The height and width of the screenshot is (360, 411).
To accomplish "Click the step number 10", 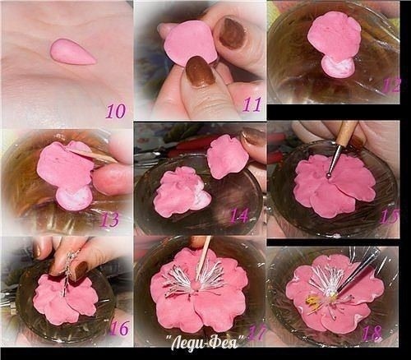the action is click(x=117, y=111).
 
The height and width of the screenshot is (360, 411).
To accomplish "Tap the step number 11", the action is click(x=252, y=104).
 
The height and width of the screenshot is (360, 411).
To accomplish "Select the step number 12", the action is click(x=392, y=85).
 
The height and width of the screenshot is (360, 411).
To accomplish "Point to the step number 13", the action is click(x=109, y=219).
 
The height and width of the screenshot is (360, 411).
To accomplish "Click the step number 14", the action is click(x=239, y=215).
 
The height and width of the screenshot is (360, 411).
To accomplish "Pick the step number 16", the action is click(x=119, y=328).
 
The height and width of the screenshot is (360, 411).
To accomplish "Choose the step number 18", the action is click(x=372, y=333).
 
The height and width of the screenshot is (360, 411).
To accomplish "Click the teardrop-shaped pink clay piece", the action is click(x=72, y=52).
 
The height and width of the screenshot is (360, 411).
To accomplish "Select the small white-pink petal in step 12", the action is click(x=336, y=66).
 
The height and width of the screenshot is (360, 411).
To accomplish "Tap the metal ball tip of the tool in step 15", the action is click(x=329, y=174).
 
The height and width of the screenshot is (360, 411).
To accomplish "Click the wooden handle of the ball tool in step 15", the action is click(x=346, y=134).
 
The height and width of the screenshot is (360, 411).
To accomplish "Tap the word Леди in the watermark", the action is click(x=187, y=342).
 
